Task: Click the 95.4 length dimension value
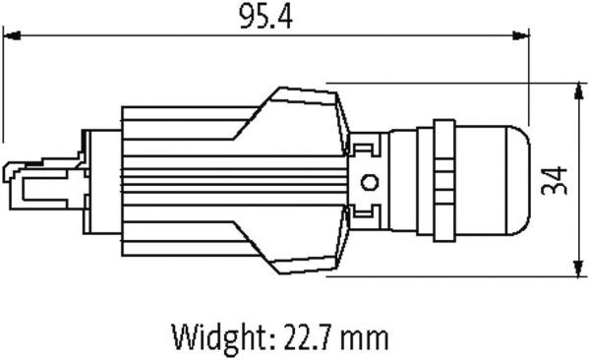265,17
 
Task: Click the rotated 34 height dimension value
554,180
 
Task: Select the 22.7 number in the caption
308,336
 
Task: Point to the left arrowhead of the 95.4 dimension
12,35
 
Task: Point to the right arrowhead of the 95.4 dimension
521,35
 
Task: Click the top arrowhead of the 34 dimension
579,91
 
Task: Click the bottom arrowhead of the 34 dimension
579,269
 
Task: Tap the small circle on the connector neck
370,183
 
